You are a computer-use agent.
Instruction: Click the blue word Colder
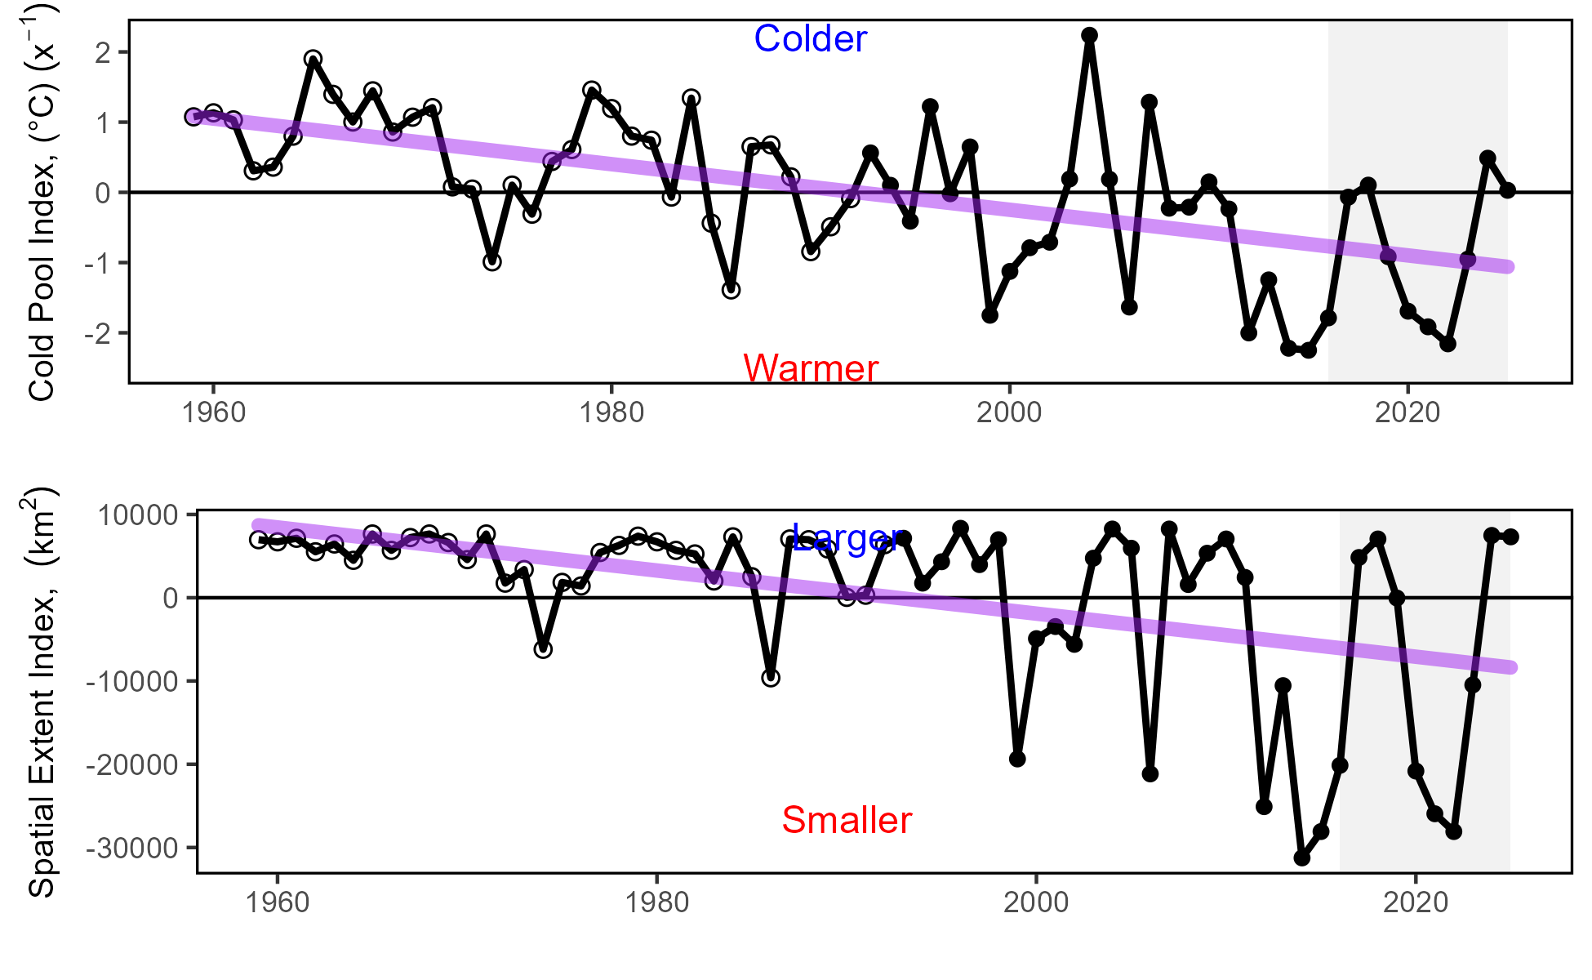(810, 39)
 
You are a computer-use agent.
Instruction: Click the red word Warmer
(810, 369)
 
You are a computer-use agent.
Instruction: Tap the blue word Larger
(847, 538)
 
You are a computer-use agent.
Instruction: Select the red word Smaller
(847, 820)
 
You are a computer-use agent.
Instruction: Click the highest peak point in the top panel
(1089, 35)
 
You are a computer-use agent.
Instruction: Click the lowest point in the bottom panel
(1302, 858)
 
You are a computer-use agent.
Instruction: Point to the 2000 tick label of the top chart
(1009, 412)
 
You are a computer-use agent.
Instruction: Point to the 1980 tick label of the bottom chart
(656, 902)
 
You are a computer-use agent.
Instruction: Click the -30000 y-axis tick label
(131, 849)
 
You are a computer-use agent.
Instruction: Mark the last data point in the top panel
(1507, 190)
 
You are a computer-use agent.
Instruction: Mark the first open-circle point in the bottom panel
(259, 540)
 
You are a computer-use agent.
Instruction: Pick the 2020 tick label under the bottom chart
(1414, 902)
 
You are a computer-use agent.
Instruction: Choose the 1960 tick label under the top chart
(213, 412)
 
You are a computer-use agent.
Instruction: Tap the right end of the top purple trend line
(1509, 267)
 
